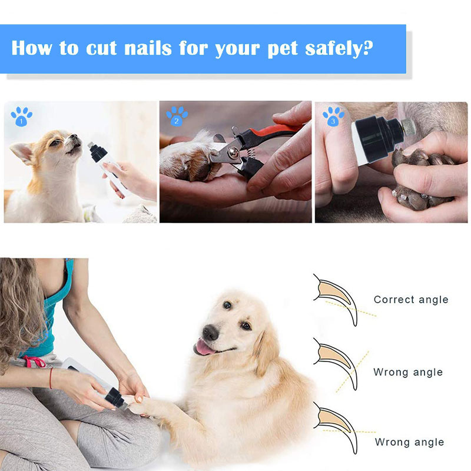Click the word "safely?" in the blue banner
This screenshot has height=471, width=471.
[339, 48]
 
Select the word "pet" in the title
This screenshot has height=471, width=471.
[283, 49]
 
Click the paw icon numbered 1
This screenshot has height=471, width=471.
[21, 116]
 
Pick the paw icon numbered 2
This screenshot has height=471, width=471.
[177, 116]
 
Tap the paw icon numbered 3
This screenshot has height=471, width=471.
[333, 116]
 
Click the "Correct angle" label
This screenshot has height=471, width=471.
[411, 300]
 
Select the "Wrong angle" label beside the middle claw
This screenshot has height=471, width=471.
[408, 372]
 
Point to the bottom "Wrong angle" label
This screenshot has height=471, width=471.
[409, 442]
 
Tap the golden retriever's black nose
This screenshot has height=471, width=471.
[210, 332]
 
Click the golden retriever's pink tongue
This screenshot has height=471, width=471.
[204, 349]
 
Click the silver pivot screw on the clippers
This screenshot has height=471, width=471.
[233, 152]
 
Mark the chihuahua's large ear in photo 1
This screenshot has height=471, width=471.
[22, 152]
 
